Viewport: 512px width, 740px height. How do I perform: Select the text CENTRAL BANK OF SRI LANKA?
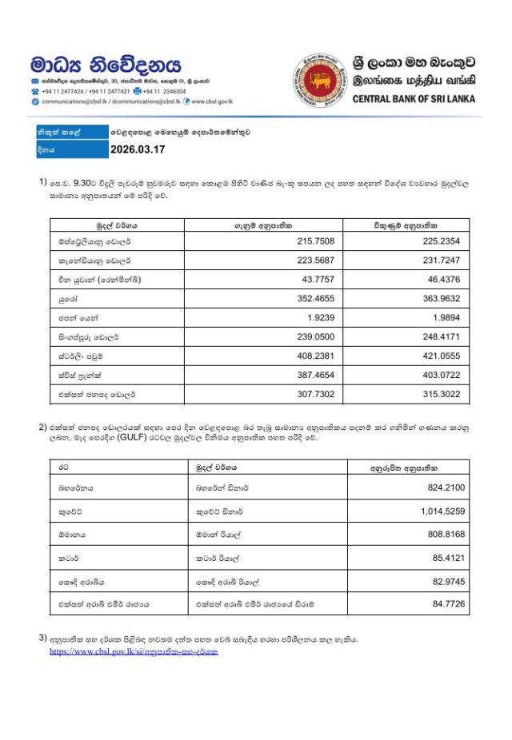[x=414, y=99]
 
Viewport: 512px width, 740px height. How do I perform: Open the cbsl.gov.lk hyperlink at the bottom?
[x=134, y=652]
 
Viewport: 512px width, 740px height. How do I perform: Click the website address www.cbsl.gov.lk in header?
[x=211, y=101]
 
